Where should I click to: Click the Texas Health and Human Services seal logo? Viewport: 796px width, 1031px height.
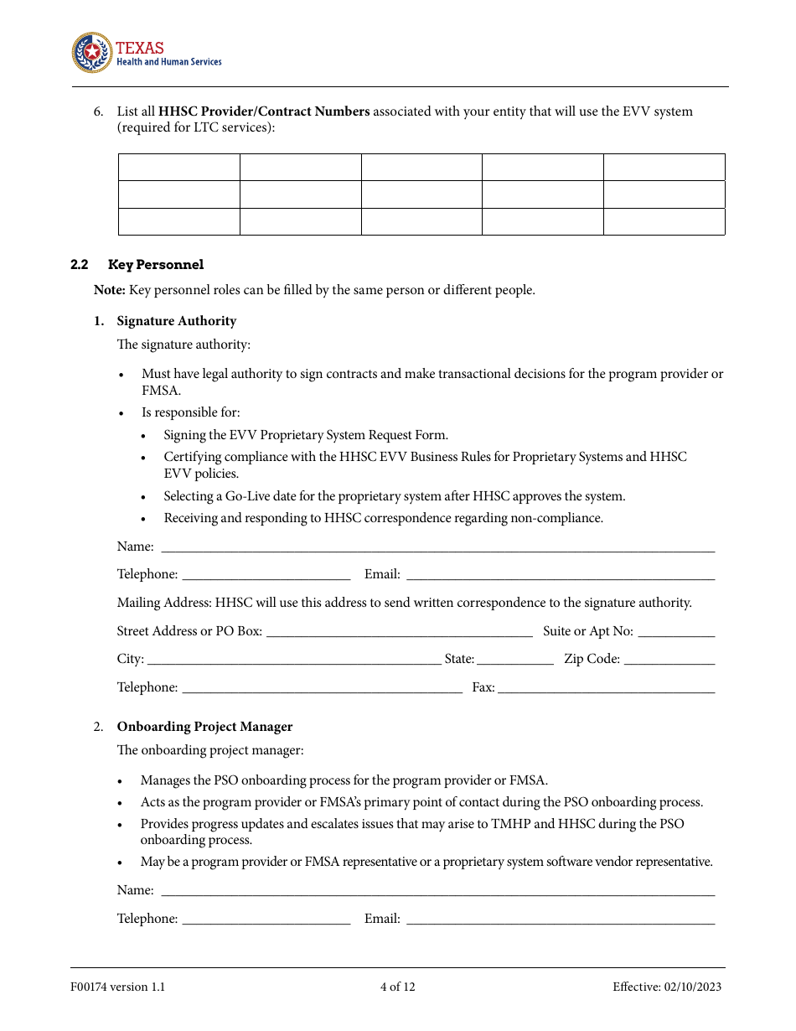[91, 54]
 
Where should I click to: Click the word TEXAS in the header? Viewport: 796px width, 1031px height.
[139, 48]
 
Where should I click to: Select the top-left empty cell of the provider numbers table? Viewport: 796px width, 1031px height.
[178, 167]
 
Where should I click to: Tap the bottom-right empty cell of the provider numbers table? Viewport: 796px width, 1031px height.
[664, 221]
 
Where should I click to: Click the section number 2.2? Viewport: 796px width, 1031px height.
[80, 265]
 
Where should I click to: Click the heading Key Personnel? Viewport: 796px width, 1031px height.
[156, 265]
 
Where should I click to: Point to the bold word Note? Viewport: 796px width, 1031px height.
[110, 290]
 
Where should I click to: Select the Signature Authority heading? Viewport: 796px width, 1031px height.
[177, 321]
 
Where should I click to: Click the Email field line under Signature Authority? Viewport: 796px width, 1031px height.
[561, 577]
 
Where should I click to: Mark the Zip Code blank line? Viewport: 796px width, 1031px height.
[669, 661]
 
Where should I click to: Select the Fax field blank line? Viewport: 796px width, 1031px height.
[607, 690]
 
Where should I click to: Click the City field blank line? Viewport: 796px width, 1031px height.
[294, 661]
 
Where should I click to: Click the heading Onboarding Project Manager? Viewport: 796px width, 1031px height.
[204, 727]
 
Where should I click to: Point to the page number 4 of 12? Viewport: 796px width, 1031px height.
[397, 987]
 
